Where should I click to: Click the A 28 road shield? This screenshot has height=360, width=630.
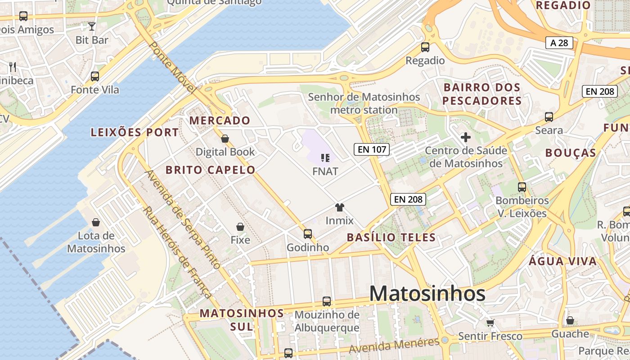point(559,43)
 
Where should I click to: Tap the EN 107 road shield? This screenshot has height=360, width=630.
point(371,149)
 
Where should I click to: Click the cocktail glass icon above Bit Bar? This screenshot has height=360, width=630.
point(92,26)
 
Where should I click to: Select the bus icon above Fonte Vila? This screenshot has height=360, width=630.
point(95,76)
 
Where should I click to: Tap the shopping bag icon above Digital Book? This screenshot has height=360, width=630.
point(225,139)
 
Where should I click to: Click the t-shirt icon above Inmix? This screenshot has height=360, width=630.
point(339,207)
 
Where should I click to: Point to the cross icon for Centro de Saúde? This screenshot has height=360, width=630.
point(466,137)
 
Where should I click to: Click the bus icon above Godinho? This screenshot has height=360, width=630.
point(308,234)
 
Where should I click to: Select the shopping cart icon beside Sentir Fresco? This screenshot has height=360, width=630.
point(490,323)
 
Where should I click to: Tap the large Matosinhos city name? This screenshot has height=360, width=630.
point(427,294)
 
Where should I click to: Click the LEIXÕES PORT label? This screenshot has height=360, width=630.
point(135,132)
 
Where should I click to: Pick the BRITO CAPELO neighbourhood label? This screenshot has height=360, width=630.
point(210,170)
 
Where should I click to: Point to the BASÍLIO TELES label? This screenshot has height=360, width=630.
point(391,237)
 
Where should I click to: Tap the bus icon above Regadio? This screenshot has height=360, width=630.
point(425,47)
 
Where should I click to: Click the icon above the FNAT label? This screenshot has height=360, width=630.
point(325,157)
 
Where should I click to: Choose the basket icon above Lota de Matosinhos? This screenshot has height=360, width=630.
point(96,222)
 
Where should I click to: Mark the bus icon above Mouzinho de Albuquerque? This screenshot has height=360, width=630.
point(327,301)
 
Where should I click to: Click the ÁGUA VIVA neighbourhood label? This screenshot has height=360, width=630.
point(562,261)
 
